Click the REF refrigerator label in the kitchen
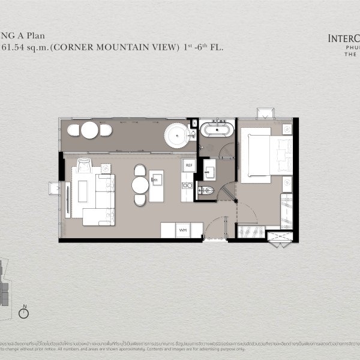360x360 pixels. (188, 165)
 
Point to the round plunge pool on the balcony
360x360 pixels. (177, 133)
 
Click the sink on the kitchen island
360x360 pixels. (157, 178)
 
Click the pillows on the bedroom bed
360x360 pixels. (282, 154)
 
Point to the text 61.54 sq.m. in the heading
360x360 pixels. (24, 47)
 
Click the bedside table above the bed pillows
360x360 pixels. (287, 128)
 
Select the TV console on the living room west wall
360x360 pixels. (67, 192)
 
